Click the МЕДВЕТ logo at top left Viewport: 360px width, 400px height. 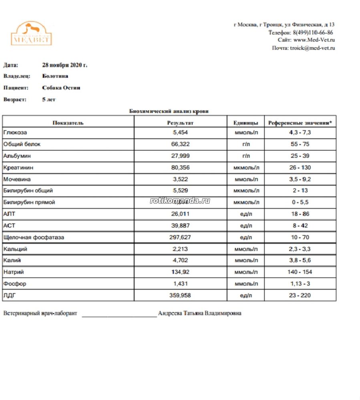[x=31, y=33]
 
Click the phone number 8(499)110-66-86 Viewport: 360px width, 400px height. [x=313, y=32]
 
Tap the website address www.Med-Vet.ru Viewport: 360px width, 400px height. [x=314, y=40]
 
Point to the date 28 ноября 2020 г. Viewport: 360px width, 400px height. [x=64, y=64]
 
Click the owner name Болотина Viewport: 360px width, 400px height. [x=55, y=76]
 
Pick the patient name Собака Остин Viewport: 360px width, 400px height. [x=61, y=88]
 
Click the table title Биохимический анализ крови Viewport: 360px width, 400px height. [x=169, y=111]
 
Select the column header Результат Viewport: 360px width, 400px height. [x=180, y=123]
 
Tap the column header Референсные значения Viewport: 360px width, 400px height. [x=300, y=123]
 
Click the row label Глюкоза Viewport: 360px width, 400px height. [x=15, y=132]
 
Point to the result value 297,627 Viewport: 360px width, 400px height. [x=180, y=237]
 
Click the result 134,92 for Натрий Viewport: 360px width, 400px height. [x=180, y=272]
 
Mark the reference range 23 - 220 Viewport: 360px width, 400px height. [x=300, y=296]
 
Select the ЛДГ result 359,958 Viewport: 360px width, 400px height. [x=180, y=296]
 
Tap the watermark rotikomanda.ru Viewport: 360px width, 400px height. [x=180, y=201]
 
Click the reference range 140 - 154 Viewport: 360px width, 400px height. [x=300, y=272]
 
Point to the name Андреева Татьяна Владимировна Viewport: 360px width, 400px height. [x=199, y=314]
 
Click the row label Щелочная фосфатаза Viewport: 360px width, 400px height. [x=34, y=237]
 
